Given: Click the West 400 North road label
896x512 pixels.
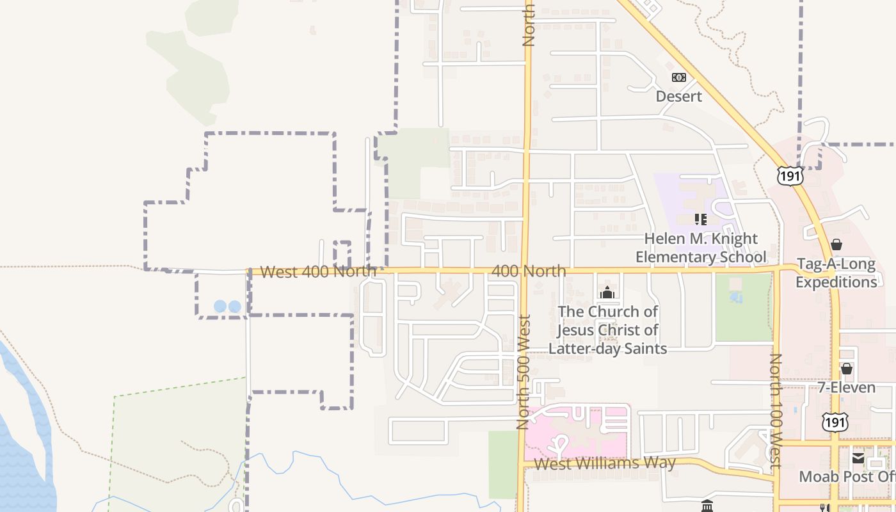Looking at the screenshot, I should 318,271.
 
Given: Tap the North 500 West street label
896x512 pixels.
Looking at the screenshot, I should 524,372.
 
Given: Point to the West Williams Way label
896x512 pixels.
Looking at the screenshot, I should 604,463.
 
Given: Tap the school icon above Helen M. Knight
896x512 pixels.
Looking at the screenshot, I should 701,220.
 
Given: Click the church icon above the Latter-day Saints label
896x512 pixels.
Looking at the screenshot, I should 607,293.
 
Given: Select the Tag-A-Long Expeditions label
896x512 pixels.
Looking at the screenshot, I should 836,273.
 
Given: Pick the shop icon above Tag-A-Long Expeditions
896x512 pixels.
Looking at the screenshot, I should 836,244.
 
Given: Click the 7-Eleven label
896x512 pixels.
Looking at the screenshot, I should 846,387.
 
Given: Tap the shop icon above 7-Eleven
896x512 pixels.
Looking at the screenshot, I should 846,369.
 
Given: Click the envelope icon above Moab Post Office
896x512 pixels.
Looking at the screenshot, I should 858,458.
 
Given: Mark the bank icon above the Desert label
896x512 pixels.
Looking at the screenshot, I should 678,77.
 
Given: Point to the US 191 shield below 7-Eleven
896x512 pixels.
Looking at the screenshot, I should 835,421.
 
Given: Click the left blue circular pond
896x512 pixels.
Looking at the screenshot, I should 220,307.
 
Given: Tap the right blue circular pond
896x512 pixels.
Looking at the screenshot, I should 235,307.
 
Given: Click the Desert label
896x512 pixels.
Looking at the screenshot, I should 678,96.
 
